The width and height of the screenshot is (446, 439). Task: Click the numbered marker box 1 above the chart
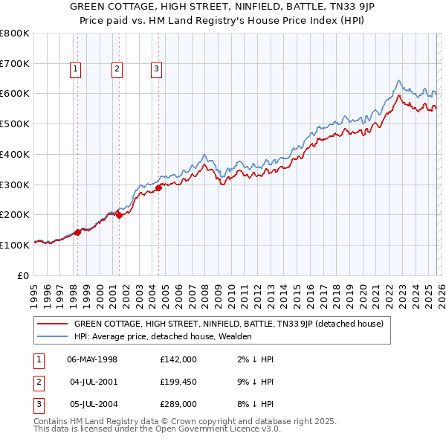pos(77,70)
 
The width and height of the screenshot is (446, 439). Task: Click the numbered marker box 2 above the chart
pos(117,70)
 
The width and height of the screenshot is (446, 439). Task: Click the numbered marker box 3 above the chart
pos(157,70)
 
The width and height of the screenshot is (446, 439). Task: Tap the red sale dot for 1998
pos(77,232)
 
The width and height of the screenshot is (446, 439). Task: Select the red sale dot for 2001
pos(119,216)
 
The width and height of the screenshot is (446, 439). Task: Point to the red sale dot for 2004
pos(158,188)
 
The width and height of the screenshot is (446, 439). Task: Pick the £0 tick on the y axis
pos(24,275)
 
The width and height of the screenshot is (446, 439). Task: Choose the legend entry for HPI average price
pos(163,336)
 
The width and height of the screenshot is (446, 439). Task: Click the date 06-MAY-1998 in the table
pos(92,359)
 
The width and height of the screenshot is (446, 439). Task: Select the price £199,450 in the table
pos(178,382)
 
